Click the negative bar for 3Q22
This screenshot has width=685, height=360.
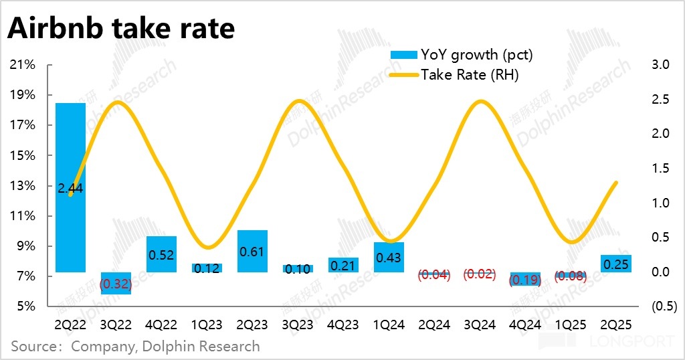click(116, 283)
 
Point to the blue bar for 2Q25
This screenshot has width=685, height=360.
click(616, 264)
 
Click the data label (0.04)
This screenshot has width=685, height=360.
click(434, 274)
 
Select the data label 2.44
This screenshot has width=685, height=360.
click(70, 189)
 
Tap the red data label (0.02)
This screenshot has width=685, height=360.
click(480, 274)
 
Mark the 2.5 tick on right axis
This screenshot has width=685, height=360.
click(660, 100)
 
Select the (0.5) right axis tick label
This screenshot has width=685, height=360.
click(658, 306)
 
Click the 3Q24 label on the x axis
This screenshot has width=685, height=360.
click(480, 326)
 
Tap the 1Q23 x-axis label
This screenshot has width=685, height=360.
click(207, 326)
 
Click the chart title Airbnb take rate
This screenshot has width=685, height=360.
click(121, 29)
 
